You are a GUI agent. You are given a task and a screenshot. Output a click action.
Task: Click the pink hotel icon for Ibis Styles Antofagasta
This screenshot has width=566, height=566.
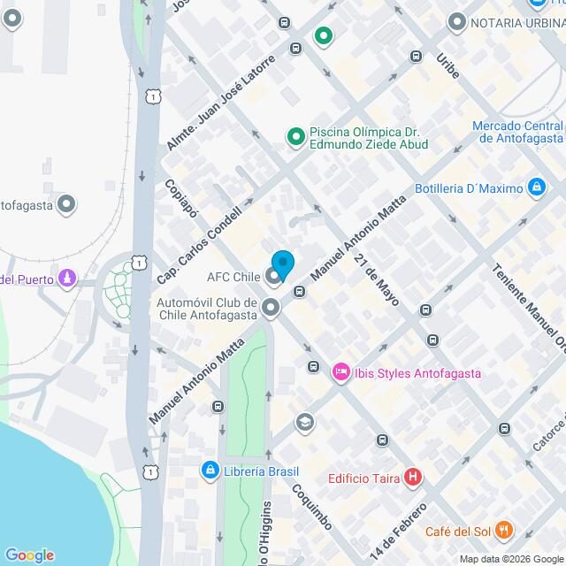tap(340, 373)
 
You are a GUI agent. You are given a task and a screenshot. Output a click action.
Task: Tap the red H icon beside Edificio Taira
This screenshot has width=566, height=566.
tap(412, 478)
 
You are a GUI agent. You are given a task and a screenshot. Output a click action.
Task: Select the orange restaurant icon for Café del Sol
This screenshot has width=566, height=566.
tap(504, 531)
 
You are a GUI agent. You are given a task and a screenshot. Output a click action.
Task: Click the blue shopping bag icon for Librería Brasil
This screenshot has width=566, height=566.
tap(210, 470)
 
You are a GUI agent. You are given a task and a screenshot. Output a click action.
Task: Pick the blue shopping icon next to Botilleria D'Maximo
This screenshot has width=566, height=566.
tap(535, 187)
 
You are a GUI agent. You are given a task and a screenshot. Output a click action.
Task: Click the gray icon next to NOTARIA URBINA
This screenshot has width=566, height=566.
tap(457, 21)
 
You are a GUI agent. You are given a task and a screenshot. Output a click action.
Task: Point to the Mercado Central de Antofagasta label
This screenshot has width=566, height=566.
tap(517, 132)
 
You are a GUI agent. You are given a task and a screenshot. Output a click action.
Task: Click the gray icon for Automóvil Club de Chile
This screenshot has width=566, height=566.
tap(270, 308)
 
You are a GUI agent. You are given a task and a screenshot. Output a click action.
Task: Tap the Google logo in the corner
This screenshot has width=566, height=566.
tap(28, 555)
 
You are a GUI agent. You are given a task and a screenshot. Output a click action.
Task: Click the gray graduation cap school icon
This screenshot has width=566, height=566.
tap(305, 421)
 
